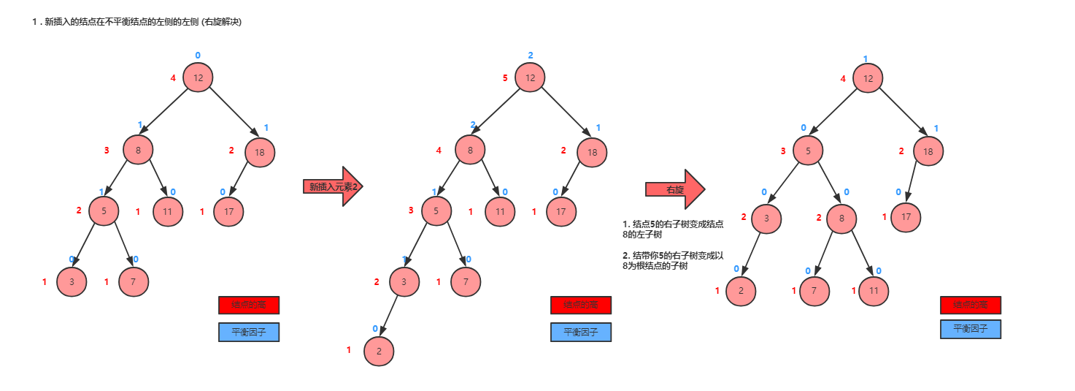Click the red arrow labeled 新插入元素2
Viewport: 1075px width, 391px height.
[x=333, y=186]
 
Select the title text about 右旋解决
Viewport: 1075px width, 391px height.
[x=136, y=22]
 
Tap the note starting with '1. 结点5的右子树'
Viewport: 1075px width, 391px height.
[x=673, y=229]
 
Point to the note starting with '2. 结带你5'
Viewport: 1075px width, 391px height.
[x=672, y=261]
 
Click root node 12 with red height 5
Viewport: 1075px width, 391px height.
[x=531, y=77]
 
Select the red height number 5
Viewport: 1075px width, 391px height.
[x=505, y=78]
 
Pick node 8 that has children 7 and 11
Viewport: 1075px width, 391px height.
[x=841, y=218]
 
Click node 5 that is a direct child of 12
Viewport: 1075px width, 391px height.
[x=808, y=151]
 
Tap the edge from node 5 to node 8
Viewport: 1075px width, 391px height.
[x=825, y=184]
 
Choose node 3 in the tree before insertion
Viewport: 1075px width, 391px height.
[x=72, y=282]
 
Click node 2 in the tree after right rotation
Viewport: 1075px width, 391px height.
[x=741, y=291]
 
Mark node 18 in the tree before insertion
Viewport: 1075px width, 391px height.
[x=259, y=152]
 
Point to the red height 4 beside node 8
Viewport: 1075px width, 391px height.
[x=439, y=151]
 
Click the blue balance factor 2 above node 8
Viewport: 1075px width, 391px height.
[x=473, y=125]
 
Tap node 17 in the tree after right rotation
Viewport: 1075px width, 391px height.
[x=906, y=217]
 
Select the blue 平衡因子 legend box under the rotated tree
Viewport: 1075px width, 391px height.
[x=970, y=329]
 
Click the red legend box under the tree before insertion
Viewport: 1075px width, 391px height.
[x=248, y=305]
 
